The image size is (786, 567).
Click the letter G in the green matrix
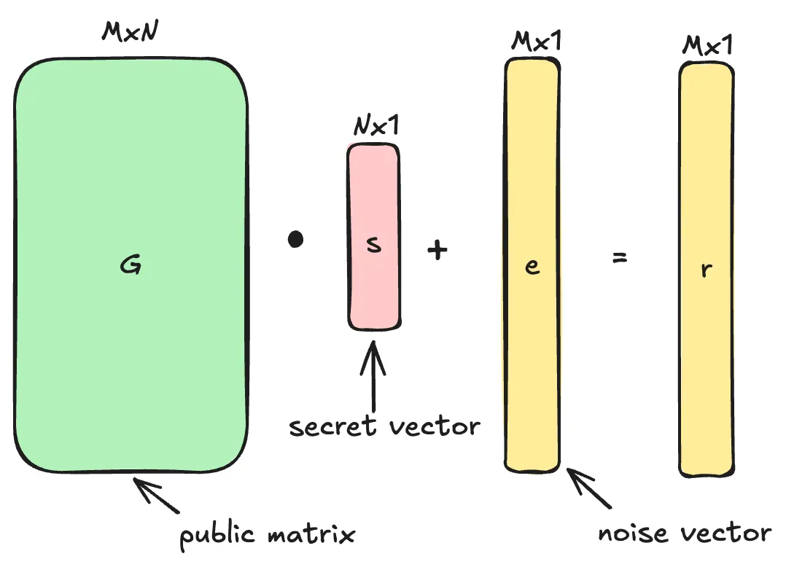131,266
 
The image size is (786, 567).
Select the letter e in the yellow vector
532,266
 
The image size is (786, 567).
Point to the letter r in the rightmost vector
706,269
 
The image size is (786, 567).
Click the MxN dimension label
131,33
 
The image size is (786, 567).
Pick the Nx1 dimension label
376,127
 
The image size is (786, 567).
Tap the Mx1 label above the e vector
536,42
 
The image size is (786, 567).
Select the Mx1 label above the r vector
707,45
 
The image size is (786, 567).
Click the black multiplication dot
295,240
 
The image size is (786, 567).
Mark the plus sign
437,251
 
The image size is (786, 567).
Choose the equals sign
620,257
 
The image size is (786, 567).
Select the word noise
631,533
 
